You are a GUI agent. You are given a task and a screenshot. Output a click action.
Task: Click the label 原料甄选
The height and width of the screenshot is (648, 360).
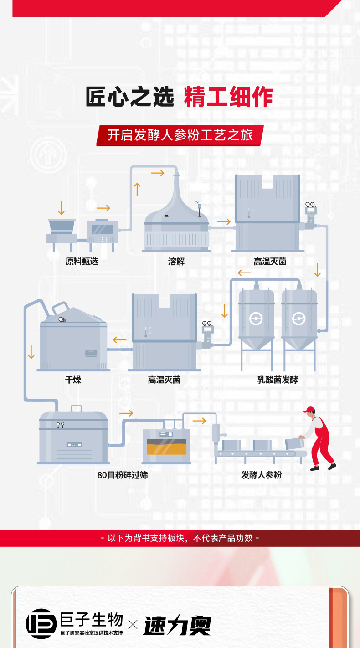82,262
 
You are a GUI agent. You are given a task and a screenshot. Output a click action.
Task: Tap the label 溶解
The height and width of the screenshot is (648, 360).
176,262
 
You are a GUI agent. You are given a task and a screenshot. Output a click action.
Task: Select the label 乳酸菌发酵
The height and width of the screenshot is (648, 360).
278,380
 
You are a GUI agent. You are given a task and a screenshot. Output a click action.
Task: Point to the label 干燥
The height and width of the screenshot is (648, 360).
73,380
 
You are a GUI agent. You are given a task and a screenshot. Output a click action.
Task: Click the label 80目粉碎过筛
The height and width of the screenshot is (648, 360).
123,475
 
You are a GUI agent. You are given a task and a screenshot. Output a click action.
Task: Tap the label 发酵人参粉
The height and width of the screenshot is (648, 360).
262,475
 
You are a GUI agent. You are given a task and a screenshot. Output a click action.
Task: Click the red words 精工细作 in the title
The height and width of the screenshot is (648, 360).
228,97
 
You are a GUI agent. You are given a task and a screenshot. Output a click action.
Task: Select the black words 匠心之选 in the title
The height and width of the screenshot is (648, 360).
130,97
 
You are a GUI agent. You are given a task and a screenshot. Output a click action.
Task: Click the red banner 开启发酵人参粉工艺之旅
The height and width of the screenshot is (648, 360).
180,135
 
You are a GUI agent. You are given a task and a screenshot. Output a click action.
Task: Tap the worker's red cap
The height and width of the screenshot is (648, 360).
310,409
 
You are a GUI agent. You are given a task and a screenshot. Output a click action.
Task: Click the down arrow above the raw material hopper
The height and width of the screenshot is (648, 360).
61,208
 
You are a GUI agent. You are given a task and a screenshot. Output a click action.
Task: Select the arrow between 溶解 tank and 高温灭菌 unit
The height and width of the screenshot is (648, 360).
224,222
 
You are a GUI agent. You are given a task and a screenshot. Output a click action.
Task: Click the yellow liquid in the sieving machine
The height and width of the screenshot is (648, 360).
165,448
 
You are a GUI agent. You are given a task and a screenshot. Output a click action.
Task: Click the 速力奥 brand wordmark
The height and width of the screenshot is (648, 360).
177,626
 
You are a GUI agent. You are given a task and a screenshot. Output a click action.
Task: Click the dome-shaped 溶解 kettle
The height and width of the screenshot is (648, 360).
176,214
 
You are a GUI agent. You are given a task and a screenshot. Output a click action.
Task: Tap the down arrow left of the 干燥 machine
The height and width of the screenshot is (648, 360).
31,352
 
